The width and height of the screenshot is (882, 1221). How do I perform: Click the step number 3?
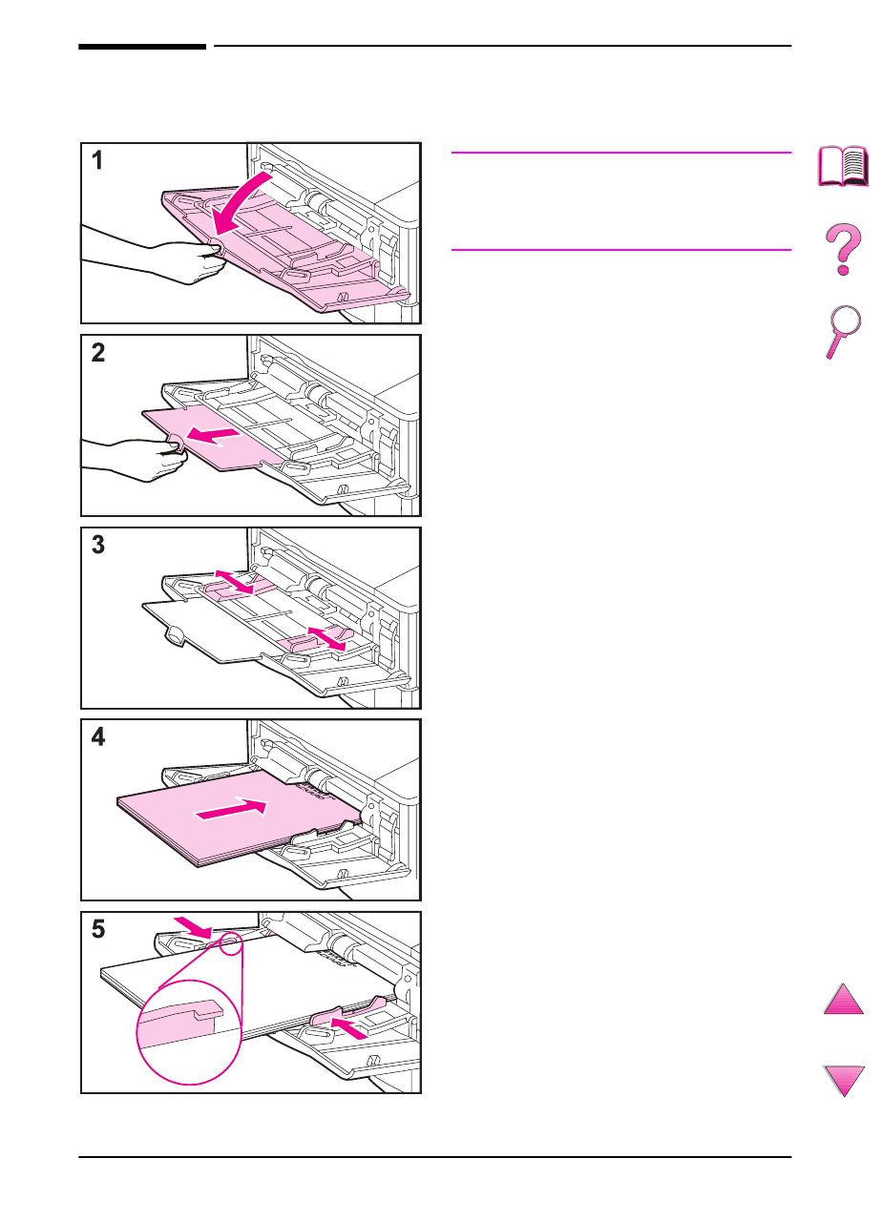97,547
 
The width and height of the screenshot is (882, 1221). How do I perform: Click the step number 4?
97,738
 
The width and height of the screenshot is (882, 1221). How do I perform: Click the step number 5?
97,930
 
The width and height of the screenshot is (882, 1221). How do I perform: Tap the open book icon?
844,166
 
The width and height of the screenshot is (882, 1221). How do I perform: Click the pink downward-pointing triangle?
843,1080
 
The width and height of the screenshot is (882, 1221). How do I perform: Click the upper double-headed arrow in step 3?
234,583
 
